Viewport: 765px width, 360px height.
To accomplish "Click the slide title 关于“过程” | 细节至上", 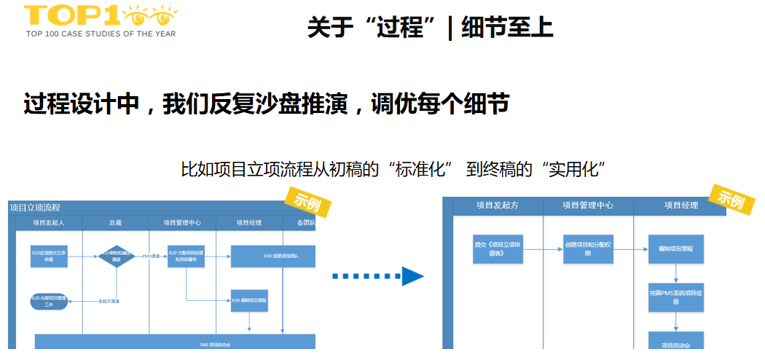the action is click(x=430, y=28).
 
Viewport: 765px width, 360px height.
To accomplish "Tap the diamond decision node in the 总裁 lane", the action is click(x=116, y=257).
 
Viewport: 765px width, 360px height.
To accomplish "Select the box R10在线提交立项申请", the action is click(x=49, y=256).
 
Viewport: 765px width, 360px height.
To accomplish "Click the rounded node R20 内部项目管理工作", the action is click(x=49, y=302).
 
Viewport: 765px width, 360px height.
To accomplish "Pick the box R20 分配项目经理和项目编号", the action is click(x=186, y=256).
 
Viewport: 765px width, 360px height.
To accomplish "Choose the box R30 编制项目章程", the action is click(x=249, y=300).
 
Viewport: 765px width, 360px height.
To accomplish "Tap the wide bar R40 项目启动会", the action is click(x=175, y=342).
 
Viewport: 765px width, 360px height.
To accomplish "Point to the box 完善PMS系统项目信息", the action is click(x=676, y=297).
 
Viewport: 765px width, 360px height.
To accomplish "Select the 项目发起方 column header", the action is click(x=497, y=206).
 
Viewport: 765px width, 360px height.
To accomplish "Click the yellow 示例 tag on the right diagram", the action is click(x=732, y=198).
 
